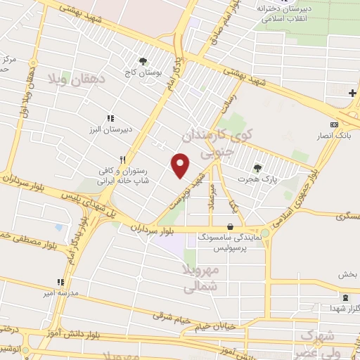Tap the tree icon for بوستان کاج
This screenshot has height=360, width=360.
(x=143, y=61)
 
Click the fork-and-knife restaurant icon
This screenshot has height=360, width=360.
(x=122, y=159)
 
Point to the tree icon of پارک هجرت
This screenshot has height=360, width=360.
(x=256, y=168)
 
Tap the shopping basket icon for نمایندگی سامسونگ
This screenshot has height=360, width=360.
(x=231, y=226)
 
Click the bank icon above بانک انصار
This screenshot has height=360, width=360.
(x=333, y=124)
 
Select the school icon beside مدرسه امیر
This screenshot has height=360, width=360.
(x=60, y=282)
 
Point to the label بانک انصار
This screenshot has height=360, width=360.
(x=333, y=134)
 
